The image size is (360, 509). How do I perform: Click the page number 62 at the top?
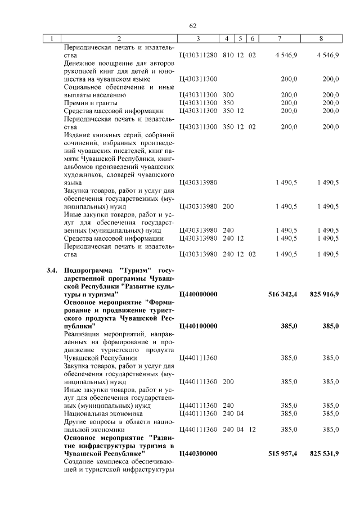click(x=192, y=26)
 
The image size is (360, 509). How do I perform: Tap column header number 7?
click(x=280, y=39)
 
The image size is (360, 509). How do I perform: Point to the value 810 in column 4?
click(x=228, y=56)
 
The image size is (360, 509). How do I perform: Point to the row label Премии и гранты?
click(x=91, y=103)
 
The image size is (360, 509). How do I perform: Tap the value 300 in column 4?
click(x=228, y=95)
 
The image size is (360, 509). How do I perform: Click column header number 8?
click(x=321, y=39)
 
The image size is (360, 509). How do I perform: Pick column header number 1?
click(x=52, y=39)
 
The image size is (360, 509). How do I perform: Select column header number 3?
click(x=198, y=39)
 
